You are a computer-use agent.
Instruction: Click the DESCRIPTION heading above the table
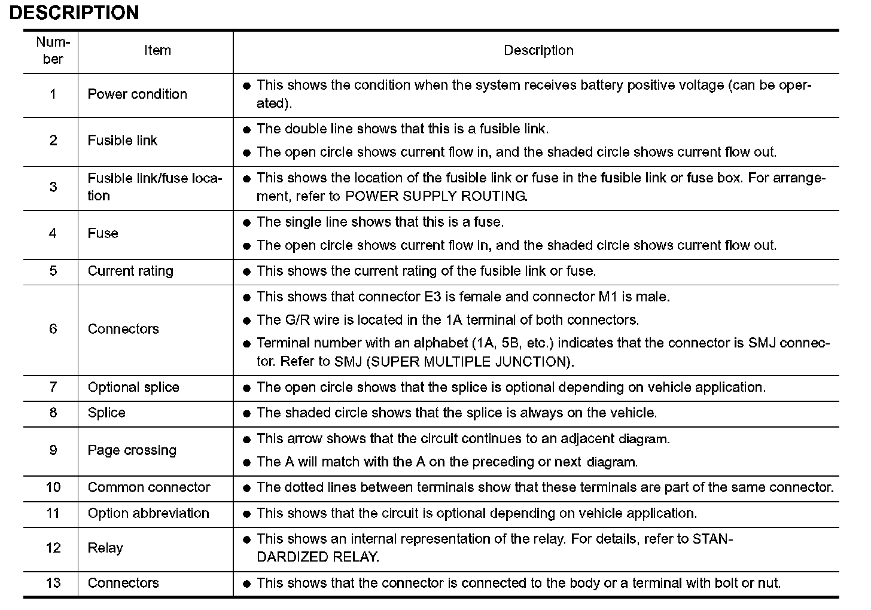pos(74,13)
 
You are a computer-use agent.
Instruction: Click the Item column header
pos(157,50)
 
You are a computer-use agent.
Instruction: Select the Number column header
pos(53,50)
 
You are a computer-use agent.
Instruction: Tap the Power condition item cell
pos(137,94)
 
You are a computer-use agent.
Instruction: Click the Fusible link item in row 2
pos(122,141)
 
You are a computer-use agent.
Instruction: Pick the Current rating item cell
pos(130,271)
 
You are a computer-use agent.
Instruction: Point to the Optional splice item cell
pos(133,387)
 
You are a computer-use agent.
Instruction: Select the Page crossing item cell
pos(132,450)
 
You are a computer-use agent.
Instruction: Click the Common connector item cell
pos(149,487)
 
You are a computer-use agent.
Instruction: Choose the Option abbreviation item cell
pos(148,513)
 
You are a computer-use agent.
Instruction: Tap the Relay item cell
pos(105,548)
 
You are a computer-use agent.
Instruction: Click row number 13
pos(53,582)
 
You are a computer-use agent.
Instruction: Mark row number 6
pos(53,329)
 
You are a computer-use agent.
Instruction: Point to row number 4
pos(53,233)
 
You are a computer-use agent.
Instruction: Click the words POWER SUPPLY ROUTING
pos(436,196)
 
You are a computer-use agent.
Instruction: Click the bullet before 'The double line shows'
pos(247,129)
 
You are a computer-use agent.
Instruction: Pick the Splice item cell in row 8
pos(106,413)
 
